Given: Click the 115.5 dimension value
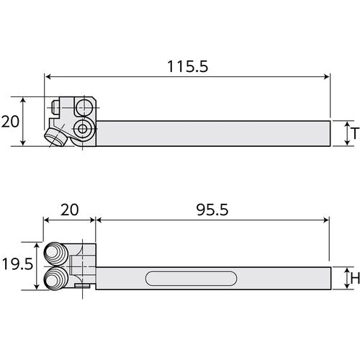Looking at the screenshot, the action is pos(188,66).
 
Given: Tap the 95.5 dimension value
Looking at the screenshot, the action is pos(212,210).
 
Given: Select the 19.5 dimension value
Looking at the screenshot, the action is pos(17,264).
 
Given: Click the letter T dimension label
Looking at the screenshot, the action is pos(355,133).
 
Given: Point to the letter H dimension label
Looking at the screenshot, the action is pos(355,279).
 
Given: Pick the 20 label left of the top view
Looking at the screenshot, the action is pos(10,122).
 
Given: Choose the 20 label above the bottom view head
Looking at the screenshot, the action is pos(69,210).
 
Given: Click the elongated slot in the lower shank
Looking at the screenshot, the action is pos(191,279).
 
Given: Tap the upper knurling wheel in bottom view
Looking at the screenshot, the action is pos(56,253).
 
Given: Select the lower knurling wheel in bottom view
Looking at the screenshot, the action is pos(56,279).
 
